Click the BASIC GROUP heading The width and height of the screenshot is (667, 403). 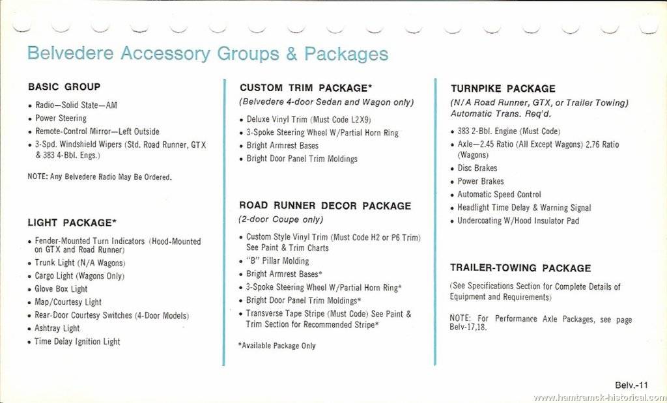click(64, 87)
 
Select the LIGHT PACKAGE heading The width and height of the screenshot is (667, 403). click(72, 223)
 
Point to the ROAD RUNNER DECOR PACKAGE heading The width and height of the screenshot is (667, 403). click(325, 206)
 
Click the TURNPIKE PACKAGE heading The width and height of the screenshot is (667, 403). click(503, 89)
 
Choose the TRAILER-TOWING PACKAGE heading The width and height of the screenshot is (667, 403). click(520, 268)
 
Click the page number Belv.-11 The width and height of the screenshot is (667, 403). click(631, 385)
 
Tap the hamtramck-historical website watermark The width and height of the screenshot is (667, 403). click(599, 397)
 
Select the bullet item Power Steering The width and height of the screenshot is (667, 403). click(61, 118)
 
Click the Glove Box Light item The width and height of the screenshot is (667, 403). click(61, 289)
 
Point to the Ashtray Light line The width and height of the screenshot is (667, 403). click(57, 329)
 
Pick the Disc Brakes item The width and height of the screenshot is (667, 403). click(477, 168)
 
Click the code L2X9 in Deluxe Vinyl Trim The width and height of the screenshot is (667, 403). click(355, 119)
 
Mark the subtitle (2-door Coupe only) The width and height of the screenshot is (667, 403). click(281, 220)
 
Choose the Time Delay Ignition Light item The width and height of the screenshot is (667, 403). click(78, 342)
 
